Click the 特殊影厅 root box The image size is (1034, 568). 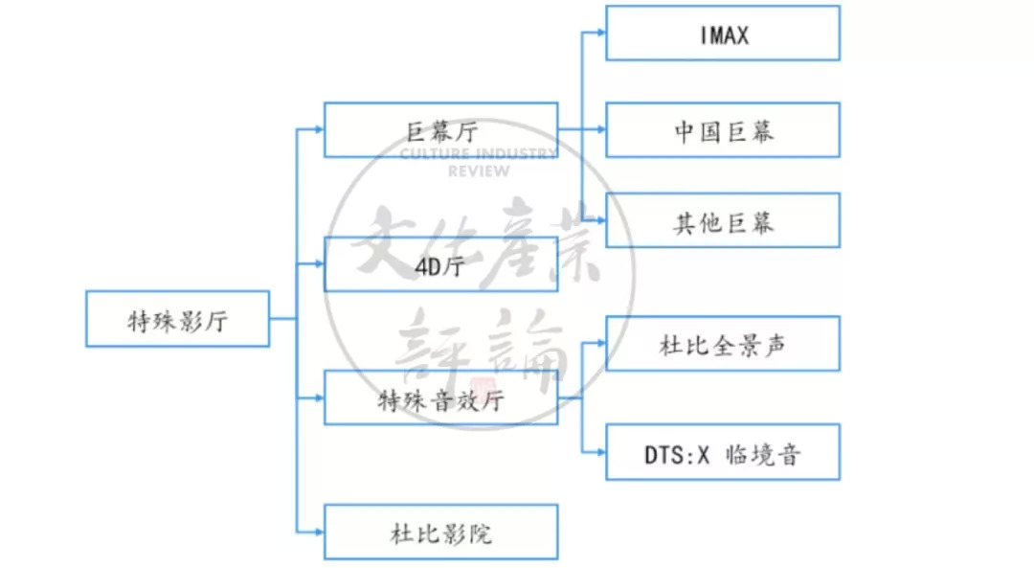point(177,319)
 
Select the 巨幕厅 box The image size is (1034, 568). point(440,130)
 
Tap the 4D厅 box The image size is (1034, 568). point(440,264)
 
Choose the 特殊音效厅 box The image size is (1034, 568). point(440,398)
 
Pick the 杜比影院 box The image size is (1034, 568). point(440,532)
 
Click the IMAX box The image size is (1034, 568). point(723,34)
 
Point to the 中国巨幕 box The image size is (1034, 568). point(723,130)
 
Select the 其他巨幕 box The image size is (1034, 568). point(723,221)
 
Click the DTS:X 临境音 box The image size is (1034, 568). point(723,452)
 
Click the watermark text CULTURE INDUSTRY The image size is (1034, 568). point(479,154)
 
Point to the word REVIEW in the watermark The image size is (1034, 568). point(479,171)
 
